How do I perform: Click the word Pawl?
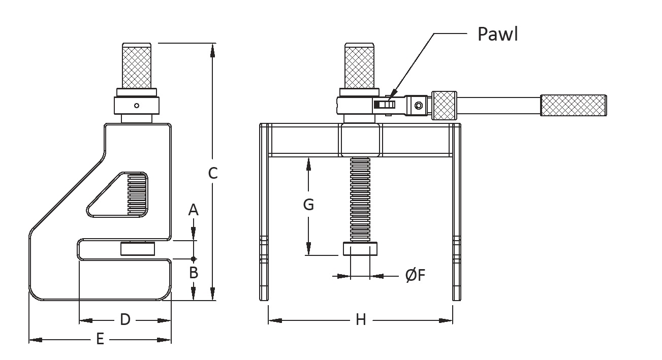[x=497, y=34]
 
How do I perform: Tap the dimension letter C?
[x=213, y=173]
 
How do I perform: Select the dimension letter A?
[x=193, y=210]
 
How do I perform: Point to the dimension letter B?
[x=193, y=273]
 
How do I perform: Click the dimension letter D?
[x=125, y=319]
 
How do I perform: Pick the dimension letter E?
[x=100, y=339]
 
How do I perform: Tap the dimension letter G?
[x=308, y=205]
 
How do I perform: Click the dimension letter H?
[x=361, y=319]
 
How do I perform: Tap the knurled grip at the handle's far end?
[x=573, y=105]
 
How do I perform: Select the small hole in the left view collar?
[x=136, y=106]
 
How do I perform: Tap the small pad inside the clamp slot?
[x=137, y=249]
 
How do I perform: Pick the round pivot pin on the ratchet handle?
[x=418, y=106]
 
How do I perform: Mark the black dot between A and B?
[x=193, y=259]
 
